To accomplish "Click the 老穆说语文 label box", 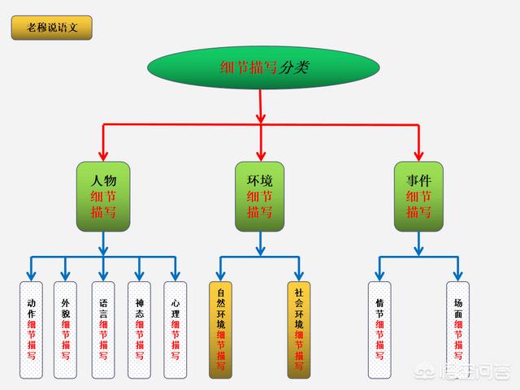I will (x=51, y=28).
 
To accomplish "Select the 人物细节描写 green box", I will (x=103, y=195).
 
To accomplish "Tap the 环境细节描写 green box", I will (x=259, y=195).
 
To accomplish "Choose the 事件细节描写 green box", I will (x=418, y=195).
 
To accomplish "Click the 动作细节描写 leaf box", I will (x=31, y=329).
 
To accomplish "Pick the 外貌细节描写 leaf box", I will (x=67, y=329).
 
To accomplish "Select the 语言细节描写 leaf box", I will (x=103, y=329).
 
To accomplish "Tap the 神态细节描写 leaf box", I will (x=139, y=329).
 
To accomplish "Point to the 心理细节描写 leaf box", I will (x=175, y=329).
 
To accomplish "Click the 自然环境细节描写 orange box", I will (x=220, y=329).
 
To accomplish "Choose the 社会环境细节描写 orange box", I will (x=298, y=329).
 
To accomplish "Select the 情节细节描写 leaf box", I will (x=379, y=329).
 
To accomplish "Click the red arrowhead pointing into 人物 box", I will (x=103, y=154).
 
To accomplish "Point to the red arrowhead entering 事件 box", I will (x=418, y=154).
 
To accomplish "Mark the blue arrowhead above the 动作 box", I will (x=31, y=275).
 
